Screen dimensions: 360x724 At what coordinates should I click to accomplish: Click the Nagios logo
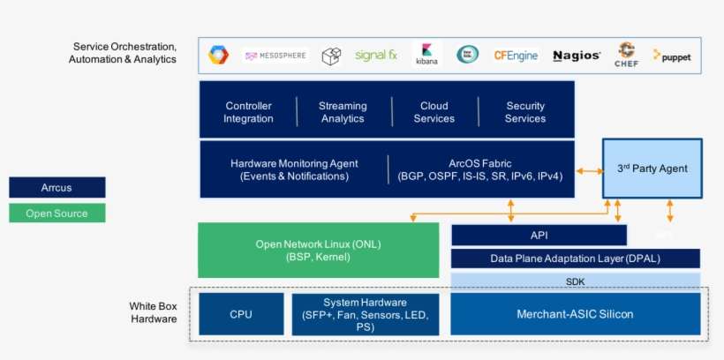tap(577, 56)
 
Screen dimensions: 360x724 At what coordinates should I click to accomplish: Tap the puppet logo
tap(672, 56)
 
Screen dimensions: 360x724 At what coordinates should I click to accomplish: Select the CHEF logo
tap(626, 55)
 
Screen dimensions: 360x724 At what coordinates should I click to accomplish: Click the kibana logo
tap(426, 55)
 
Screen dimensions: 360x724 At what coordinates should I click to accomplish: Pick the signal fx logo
tap(375, 56)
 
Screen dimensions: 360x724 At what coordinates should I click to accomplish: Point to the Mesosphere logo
tap(275, 56)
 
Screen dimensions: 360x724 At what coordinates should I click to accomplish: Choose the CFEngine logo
tap(516, 56)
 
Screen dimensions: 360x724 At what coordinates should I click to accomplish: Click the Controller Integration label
tap(248, 112)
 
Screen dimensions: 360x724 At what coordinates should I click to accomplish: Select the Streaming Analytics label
tap(343, 112)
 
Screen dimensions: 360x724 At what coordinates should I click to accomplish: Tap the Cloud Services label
tap(434, 112)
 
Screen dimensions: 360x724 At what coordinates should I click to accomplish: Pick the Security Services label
tap(525, 112)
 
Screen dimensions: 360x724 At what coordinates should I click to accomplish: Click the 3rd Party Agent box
tap(652, 169)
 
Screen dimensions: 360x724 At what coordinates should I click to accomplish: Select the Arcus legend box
tap(57, 187)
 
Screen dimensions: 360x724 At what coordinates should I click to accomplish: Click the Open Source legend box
tap(57, 213)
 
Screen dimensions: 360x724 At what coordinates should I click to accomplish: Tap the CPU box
tap(241, 314)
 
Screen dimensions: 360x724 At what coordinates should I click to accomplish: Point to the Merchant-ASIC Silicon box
tap(575, 314)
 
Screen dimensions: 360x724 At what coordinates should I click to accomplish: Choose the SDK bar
tap(575, 281)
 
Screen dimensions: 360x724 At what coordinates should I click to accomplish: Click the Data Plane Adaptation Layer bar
tap(575, 259)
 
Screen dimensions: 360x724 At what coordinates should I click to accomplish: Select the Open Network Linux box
tap(318, 251)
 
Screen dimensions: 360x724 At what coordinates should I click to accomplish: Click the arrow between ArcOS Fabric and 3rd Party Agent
tap(588, 171)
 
